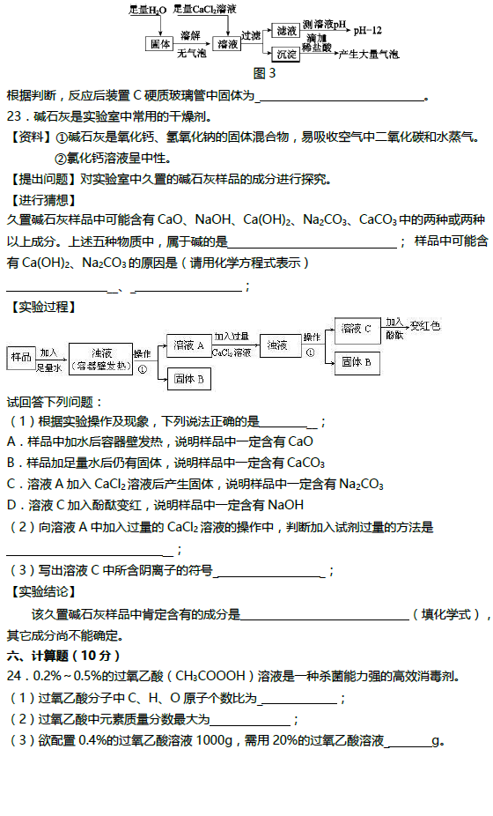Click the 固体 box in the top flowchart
[x=159, y=44]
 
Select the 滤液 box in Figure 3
[x=286, y=31]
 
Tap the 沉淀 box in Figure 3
[x=286, y=54]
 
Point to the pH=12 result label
[x=368, y=31]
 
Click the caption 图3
[x=265, y=73]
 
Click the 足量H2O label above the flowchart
[x=148, y=10]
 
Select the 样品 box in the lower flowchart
[x=21, y=358]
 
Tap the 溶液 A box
[x=188, y=345]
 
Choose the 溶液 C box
[x=357, y=329]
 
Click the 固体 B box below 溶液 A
[x=188, y=379]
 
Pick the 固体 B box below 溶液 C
[x=357, y=363]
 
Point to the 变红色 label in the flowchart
[x=425, y=326]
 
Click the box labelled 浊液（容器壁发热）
[x=100, y=359]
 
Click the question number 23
[x=15, y=116]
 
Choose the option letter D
[x=12, y=505]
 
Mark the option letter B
[x=12, y=464]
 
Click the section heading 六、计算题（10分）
[x=63, y=657]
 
